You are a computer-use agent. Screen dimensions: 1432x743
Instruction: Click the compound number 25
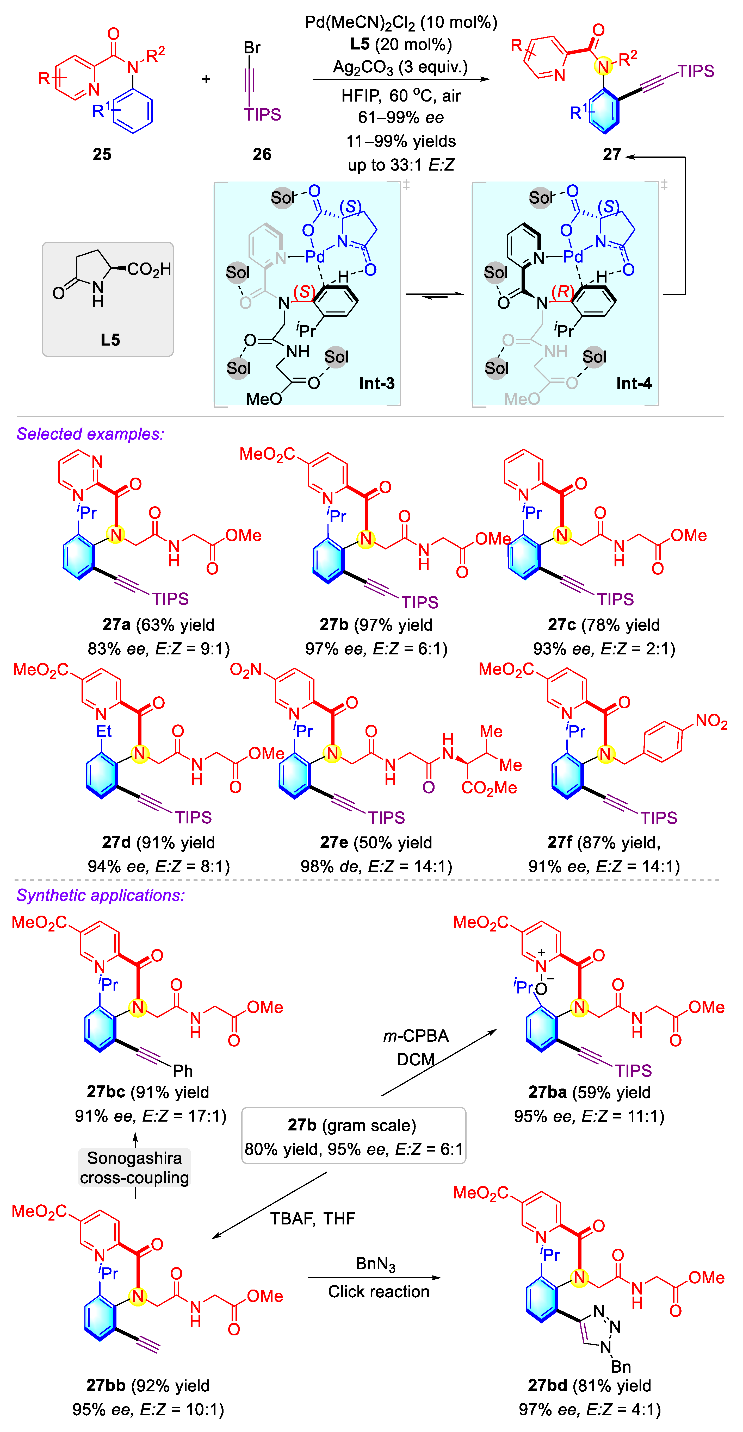coord(102,154)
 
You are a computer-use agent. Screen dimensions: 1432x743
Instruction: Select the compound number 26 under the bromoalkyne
coord(262,154)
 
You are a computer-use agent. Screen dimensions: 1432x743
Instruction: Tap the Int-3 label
coord(376,383)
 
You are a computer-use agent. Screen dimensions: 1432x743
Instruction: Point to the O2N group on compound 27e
coord(245,670)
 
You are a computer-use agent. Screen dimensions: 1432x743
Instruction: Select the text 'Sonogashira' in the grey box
coord(135,1158)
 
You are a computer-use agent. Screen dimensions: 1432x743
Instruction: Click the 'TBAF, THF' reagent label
coord(313,1218)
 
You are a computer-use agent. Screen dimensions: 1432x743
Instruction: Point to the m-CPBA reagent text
coord(416,1036)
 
